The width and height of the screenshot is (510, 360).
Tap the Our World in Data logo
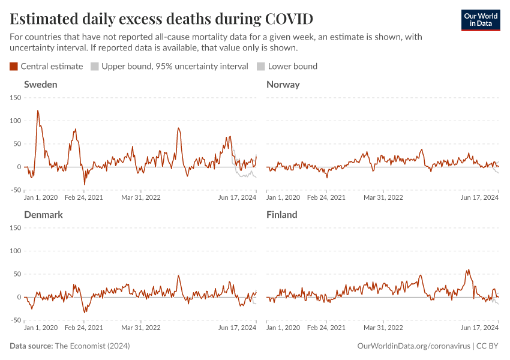point(481,20)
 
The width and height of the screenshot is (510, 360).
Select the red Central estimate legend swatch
point(14,66)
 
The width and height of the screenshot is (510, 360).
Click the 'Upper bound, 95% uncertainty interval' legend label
point(175,66)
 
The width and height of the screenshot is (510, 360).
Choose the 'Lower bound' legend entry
point(292,66)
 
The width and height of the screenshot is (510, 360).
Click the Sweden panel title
point(40,85)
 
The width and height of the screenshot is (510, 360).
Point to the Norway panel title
point(283,85)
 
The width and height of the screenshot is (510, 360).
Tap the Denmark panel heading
point(43,215)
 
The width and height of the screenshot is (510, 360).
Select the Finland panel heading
point(281,215)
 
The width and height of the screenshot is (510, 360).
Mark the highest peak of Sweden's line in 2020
point(38,110)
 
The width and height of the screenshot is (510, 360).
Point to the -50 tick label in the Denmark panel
point(15,320)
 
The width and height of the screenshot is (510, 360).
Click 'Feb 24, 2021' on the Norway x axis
point(326,197)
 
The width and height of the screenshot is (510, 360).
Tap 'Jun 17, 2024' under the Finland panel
point(480,328)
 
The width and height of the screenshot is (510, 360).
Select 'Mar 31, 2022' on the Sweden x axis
point(141,197)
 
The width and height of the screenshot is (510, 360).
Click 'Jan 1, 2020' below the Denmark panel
point(41,328)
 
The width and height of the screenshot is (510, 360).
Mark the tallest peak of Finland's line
point(468,270)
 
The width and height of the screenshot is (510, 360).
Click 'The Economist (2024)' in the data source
point(92,346)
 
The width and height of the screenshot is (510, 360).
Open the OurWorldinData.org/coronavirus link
point(413,346)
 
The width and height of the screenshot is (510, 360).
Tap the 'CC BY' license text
point(488,346)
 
